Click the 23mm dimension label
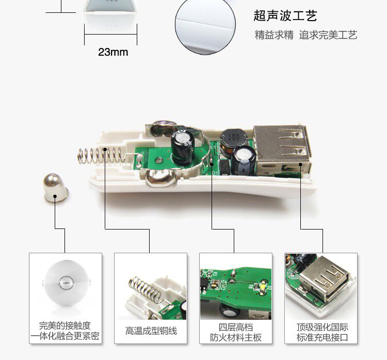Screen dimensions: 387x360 pyautogui.click(x=113, y=52)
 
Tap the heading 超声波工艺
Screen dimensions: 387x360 pyautogui.click(x=285, y=15)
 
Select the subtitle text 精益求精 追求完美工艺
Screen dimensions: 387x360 pyautogui.click(x=306, y=35)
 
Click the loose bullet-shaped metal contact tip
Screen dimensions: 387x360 pyautogui.click(x=56, y=188)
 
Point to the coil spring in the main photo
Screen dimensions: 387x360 pyautogui.click(x=101, y=156)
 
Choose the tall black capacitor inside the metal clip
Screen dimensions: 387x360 pyautogui.click(x=183, y=149)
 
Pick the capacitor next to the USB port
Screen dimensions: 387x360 pyautogui.click(x=244, y=160)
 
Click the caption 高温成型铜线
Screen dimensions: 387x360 pyautogui.click(x=151, y=331)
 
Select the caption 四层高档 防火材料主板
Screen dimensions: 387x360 pyautogui.click(x=236, y=332)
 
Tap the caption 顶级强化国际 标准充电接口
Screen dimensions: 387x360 pyautogui.click(x=322, y=332)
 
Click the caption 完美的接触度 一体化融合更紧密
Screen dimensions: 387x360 pyautogui.click(x=65, y=331)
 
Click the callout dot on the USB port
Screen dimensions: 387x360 pyautogui.click(x=301, y=164)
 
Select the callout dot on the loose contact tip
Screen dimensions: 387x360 pyautogui.click(x=55, y=197)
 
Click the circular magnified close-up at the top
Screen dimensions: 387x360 pyautogui.click(x=205, y=25)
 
